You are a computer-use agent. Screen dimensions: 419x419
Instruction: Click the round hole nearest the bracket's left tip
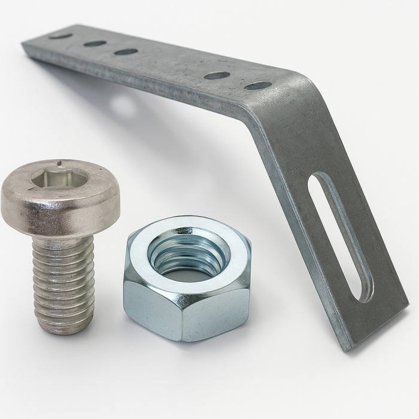(x=60, y=36)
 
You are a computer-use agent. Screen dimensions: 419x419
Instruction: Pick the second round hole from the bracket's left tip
(x=95, y=44)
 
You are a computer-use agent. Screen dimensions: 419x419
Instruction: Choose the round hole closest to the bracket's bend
(x=257, y=86)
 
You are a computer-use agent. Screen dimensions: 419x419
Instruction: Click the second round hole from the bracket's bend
(x=217, y=75)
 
